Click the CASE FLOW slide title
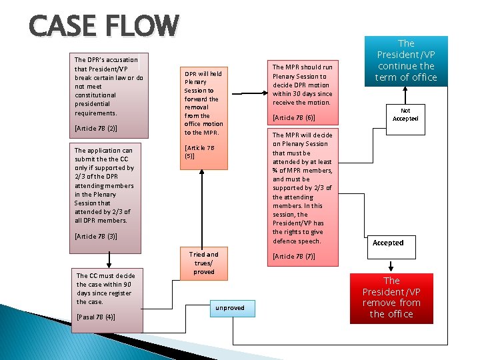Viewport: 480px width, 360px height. (x=104, y=27)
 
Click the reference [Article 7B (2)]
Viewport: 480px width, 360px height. (x=96, y=127)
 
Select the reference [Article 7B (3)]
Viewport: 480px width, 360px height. (x=96, y=236)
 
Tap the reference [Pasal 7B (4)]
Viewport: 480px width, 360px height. (x=97, y=317)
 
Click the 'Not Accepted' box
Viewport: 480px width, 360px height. (x=405, y=115)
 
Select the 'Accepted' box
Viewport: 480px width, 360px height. (x=388, y=243)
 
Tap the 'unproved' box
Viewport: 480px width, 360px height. (x=229, y=308)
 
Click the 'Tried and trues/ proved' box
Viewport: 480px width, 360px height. (x=203, y=263)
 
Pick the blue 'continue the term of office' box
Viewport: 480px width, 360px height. (x=405, y=61)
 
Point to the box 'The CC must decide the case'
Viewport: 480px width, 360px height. (x=105, y=289)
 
